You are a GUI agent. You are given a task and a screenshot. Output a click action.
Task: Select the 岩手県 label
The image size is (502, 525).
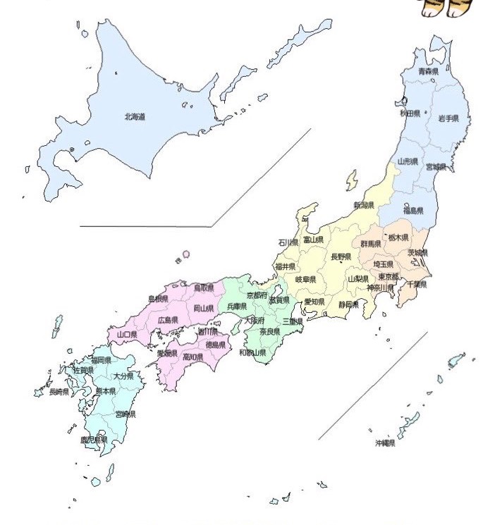pyautogui.click(x=448, y=118)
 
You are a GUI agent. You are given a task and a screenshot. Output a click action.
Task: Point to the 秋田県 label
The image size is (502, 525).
pyautogui.click(x=410, y=113)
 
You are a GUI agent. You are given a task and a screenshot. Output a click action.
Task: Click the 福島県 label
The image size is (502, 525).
pyautogui.click(x=412, y=211)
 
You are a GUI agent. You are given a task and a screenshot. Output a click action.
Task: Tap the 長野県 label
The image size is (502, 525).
pyautogui.click(x=341, y=257)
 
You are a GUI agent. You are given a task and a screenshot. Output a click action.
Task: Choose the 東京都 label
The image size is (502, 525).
pyautogui.click(x=388, y=276)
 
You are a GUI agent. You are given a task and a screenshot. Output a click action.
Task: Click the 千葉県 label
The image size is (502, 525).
pyautogui.click(x=417, y=285)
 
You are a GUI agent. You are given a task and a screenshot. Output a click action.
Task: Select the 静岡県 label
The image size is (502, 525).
pyautogui.click(x=348, y=305)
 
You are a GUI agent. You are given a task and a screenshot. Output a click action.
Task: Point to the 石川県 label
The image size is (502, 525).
pyautogui.click(x=288, y=242)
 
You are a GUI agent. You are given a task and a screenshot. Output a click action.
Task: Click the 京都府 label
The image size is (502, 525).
pyautogui.click(x=256, y=295)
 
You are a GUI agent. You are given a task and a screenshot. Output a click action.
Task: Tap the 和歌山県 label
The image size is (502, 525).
pyautogui.click(x=252, y=352)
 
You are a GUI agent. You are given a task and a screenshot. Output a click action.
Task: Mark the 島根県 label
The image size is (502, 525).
pyautogui.click(x=158, y=299)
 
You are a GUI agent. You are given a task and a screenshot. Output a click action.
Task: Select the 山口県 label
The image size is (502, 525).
pyautogui.click(x=127, y=335)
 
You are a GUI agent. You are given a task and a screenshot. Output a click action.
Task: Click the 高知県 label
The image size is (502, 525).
pyautogui.click(x=193, y=357)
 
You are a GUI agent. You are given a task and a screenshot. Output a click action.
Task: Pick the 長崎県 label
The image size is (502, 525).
pyautogui.click(x=59, y=392)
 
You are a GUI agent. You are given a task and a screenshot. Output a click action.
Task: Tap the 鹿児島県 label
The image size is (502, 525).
pyautogui.click(x=94, y=440)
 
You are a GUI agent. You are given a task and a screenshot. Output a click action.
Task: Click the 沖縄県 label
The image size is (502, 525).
pyautogui.click(x=385, y=443)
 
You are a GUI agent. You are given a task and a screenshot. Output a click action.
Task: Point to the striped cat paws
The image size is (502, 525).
pyautogui.click(x=443, y=8)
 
